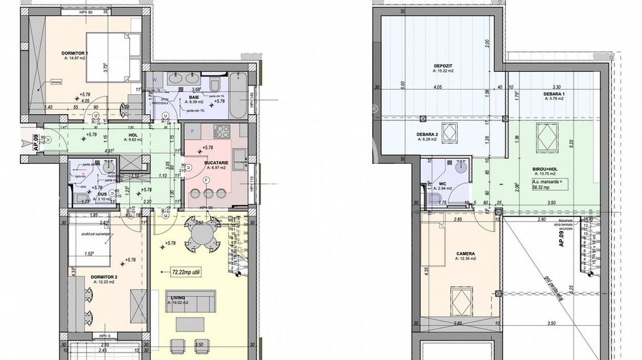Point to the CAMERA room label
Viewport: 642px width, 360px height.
click(x=465, y=253)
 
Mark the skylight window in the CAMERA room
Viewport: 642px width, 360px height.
click(x=458, y=299)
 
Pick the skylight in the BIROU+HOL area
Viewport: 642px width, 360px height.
click(x=546, y=137)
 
